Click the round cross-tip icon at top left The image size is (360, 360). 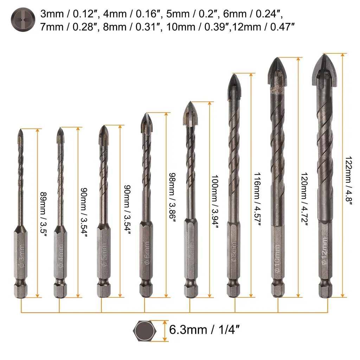23,20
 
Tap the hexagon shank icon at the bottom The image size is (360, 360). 144,331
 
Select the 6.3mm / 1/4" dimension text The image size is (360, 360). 204,330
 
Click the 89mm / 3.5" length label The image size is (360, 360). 44,213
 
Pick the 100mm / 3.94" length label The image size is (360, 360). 215,201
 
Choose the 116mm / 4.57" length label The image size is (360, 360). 257,199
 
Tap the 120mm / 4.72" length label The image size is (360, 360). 304,199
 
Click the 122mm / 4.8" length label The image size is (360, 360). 349,179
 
